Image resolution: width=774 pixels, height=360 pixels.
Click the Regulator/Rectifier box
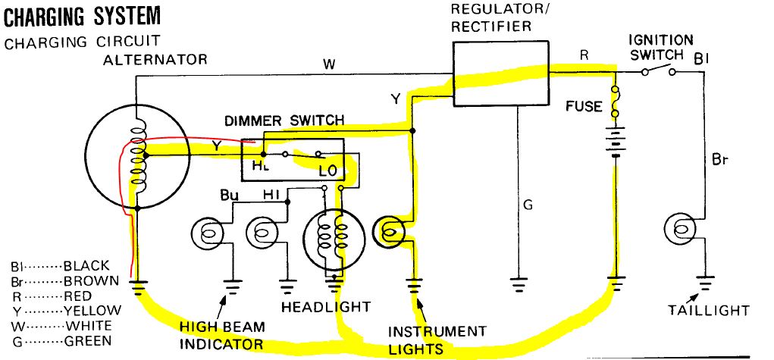pyautogui.click(x=500, y=74)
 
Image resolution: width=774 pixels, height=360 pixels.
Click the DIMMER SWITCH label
pyautogui.click(x=284, y=120)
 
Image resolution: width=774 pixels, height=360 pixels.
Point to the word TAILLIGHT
pyautogui.click(x=709, y=310)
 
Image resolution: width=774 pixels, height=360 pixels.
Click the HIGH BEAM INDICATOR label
pyautogui.click(x=222, y=336)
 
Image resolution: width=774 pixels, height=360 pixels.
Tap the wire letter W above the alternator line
pyautogui.click(x=328, y=64)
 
